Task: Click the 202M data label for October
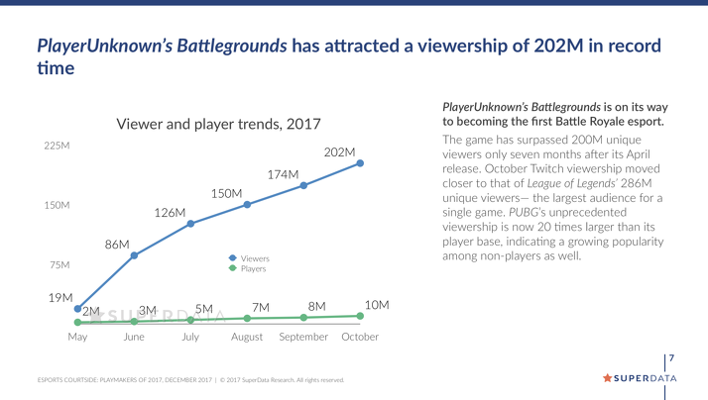339,151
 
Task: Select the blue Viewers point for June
134,255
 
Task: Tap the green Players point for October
360,316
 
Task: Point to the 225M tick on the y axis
57,146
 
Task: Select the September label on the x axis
303,337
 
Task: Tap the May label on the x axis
77,337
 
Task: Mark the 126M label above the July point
170,213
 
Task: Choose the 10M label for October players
377,304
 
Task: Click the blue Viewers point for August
247,204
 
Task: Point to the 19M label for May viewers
60,297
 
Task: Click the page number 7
672,357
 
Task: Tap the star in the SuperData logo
608,378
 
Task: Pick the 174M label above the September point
283,174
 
